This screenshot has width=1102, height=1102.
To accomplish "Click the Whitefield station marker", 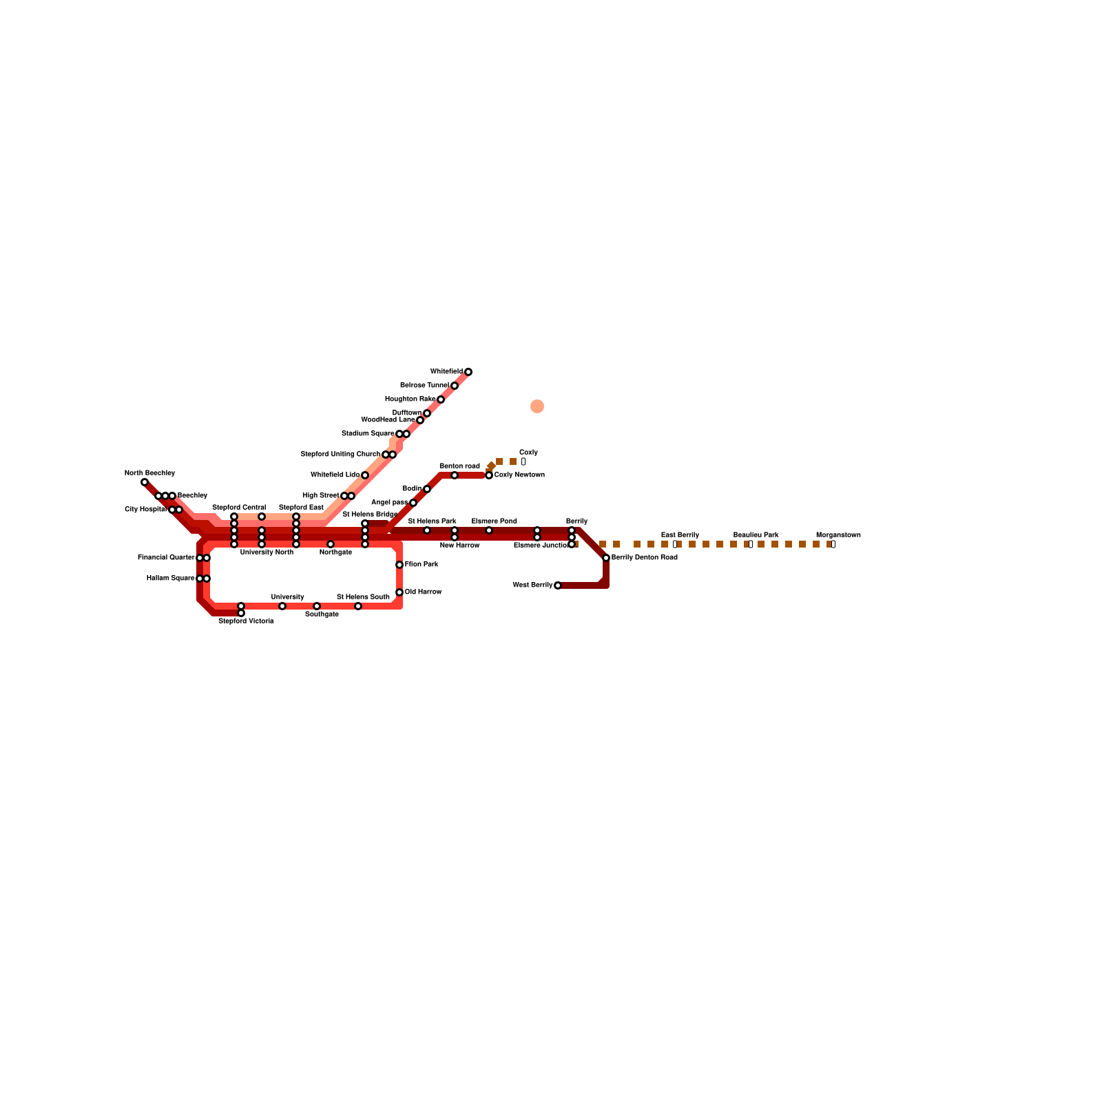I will click(468, 372).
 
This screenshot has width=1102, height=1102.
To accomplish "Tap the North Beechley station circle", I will click(145, 482).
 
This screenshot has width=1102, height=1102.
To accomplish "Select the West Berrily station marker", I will click(558, 585).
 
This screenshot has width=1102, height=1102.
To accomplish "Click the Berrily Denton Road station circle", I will click(606, 558).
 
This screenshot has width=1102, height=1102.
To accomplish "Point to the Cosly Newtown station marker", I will click(489, 475).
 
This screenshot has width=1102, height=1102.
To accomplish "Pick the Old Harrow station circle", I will click(399, 592).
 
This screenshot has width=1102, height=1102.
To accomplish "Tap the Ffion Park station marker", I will click(399, 565).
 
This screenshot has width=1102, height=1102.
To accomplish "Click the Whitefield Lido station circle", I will click(365, 475).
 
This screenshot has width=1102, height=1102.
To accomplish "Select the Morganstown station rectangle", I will click(833, 544).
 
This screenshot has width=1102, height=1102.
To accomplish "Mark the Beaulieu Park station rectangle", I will click(751, 544).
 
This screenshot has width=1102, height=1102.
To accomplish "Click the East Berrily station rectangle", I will click(675, 544).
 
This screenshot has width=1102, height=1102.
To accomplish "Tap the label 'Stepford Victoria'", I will click(246, 621).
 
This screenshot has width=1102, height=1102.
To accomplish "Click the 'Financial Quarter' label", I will click(166, 557).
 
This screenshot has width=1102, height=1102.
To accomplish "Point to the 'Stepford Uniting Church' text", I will click(340, 455).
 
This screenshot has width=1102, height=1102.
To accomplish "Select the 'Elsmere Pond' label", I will click(494, 521).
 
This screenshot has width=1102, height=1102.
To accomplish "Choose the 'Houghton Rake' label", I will click(410, 399).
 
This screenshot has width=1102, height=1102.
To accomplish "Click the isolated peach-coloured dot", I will click(537, 406).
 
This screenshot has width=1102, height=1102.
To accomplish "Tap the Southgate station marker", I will click(317, 606).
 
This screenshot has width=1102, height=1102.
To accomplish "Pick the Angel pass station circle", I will click(413, 503).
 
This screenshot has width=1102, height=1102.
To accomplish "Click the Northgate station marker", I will click(331, 544).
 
